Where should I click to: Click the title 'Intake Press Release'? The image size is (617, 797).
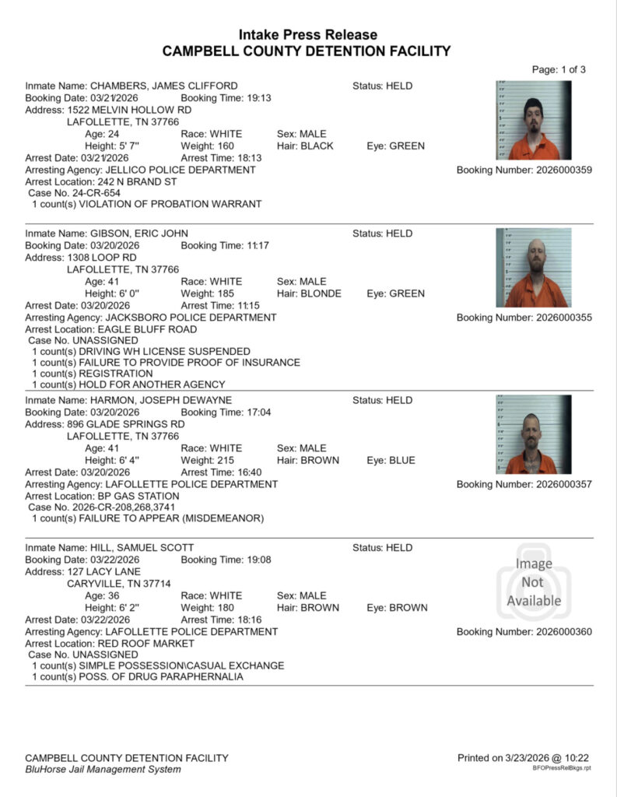coord(307,35)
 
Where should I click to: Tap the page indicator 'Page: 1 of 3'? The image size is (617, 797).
coord(559,69)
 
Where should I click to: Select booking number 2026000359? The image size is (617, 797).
coord(564,170)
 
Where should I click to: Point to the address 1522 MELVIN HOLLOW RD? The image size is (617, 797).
coord(129,111)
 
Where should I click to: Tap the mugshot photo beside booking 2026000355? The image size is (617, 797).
coord(533,268)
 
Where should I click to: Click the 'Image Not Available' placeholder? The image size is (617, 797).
coord(533,581)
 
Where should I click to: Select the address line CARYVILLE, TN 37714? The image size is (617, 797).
coord(119,583)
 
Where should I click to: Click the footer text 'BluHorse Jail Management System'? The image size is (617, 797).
coord(103,769)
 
